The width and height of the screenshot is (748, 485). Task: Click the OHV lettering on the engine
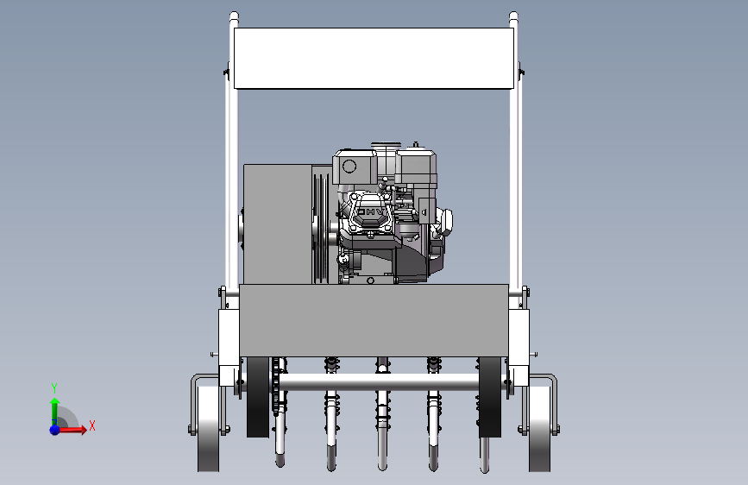371,211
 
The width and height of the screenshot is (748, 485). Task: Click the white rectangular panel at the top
374,58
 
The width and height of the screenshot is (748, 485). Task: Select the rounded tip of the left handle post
234,16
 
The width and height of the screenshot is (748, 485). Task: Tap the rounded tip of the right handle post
513,16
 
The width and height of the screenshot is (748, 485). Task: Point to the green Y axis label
54,387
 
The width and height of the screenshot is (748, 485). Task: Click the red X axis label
92,425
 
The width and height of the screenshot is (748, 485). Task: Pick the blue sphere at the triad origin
55,430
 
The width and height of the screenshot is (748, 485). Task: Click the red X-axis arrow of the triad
72,430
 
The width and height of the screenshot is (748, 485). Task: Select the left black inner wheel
258,397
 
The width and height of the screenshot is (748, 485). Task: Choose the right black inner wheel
490,397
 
